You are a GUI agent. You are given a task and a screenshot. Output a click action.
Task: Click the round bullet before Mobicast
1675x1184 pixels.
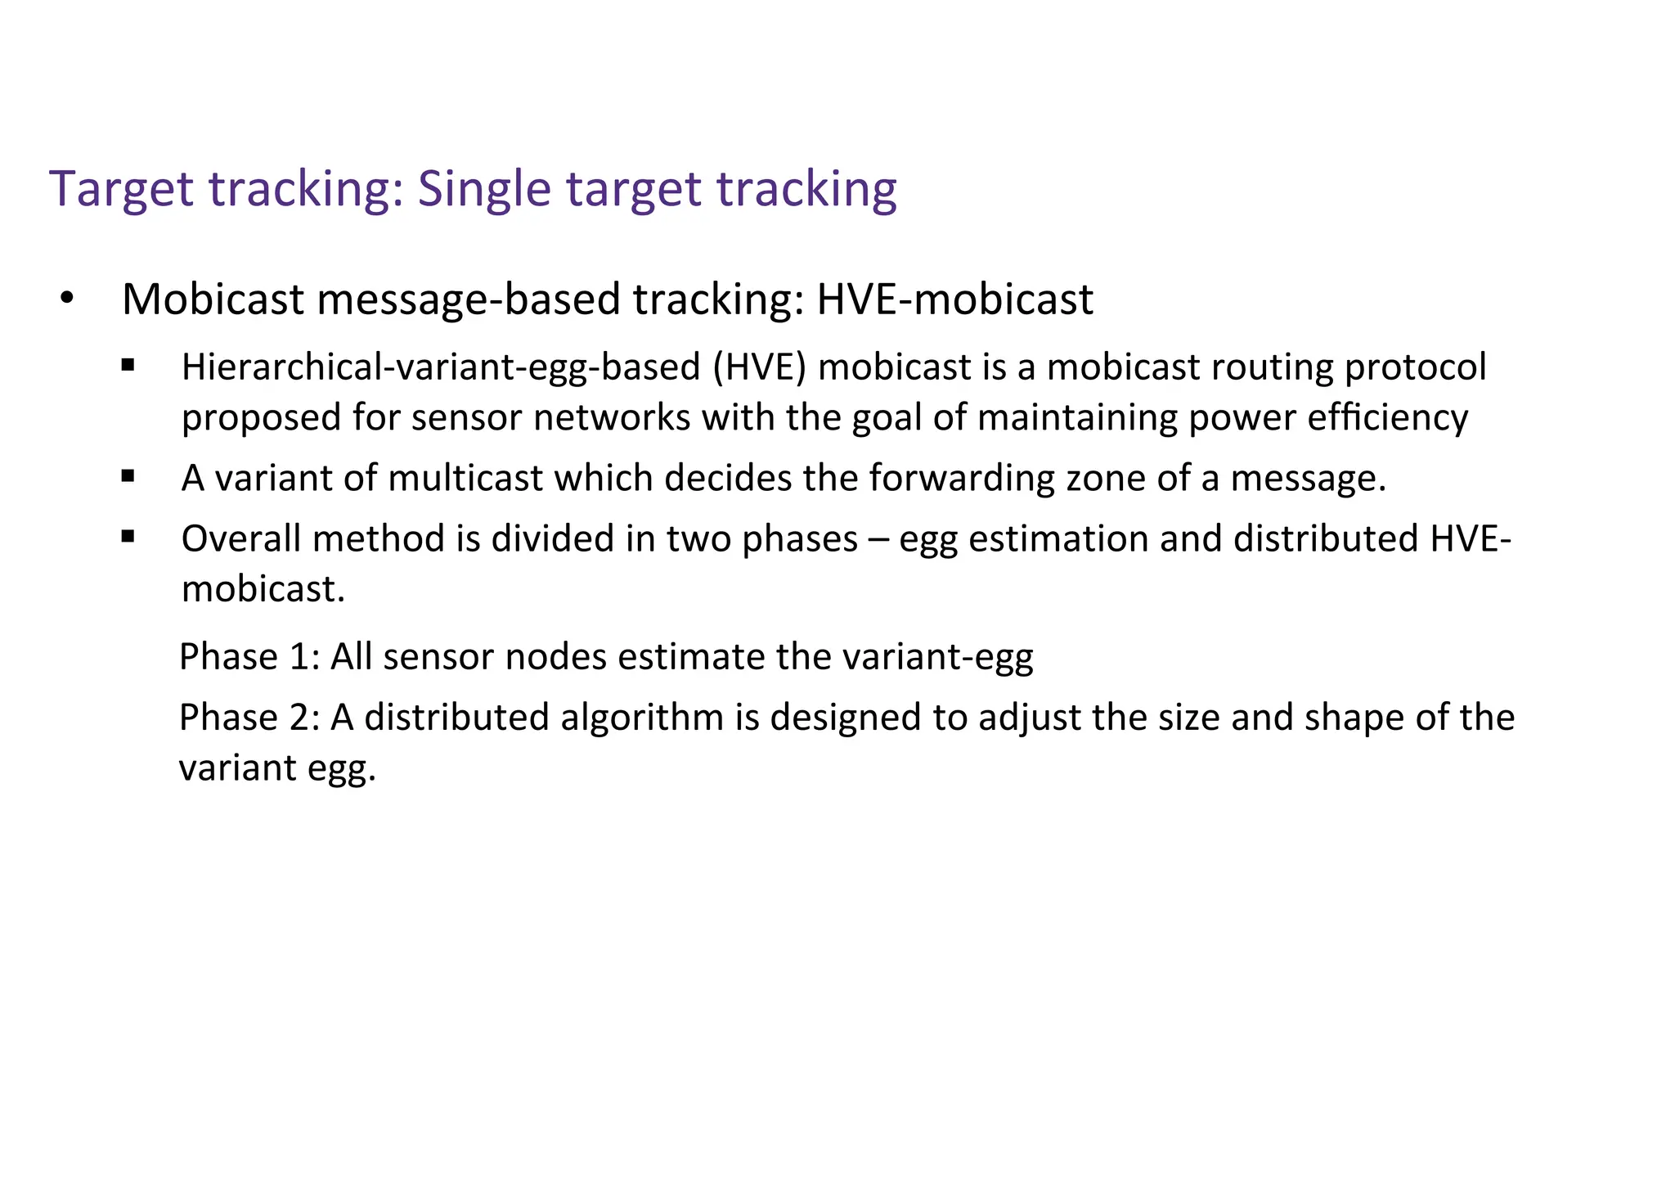point(67,299)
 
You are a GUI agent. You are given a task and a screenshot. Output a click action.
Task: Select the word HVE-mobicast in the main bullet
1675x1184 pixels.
point(954,299)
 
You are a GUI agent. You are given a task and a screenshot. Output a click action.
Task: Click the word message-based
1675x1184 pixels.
point(469,299)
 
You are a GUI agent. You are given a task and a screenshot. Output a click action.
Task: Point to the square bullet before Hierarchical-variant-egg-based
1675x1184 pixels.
point(128,365)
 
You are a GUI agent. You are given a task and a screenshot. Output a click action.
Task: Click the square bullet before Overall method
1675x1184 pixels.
point(128,537)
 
